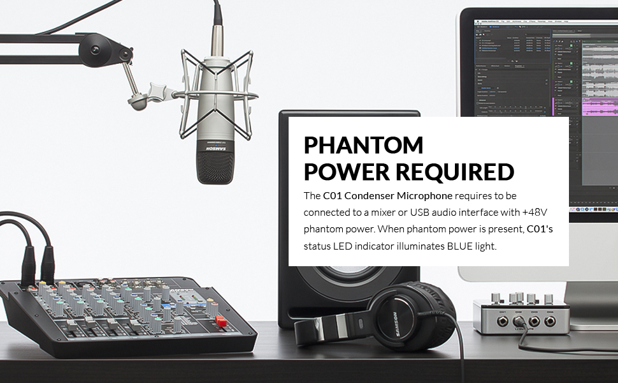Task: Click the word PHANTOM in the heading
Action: coord(363,146)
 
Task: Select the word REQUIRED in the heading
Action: coord(455,172)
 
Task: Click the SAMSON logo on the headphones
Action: coord(395,315)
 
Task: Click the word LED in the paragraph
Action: coord(342,245)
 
